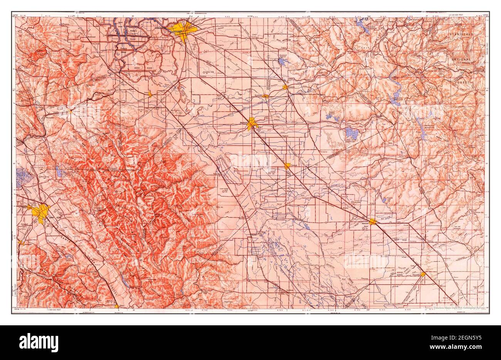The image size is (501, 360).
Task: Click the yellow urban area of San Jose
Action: click(41, 212)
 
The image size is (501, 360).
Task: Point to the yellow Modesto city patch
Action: click(252, 124)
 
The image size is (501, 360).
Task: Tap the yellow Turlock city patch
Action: click(287, 166)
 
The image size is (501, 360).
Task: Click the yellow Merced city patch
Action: click(373, 221)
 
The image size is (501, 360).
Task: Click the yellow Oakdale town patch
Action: click(285, 87)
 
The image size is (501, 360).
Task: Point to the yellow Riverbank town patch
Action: click(266, 96)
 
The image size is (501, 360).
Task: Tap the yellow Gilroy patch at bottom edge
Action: click(117, 306)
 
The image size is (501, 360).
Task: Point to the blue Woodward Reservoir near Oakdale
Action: click(282, 61)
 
